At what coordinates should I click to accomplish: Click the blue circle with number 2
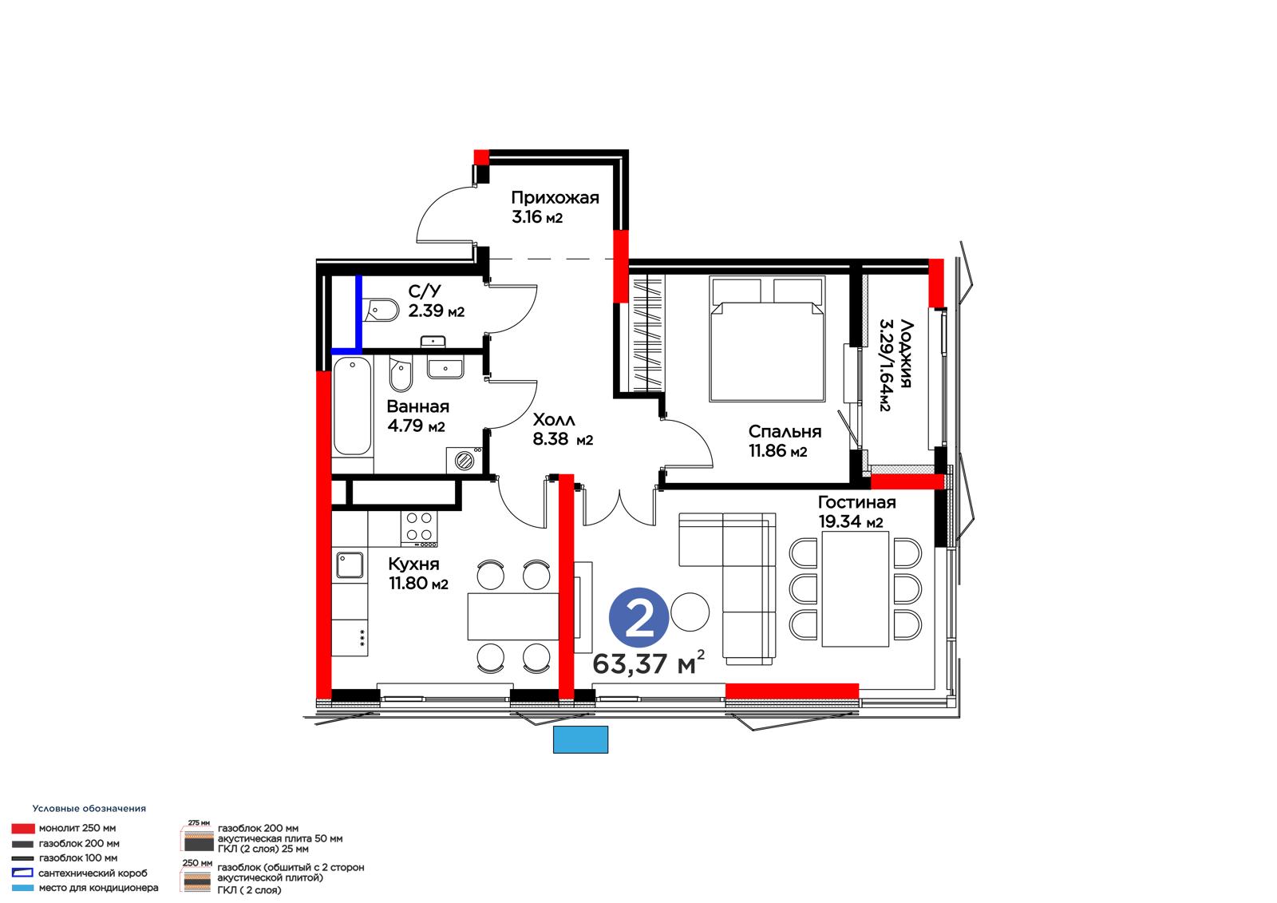coord(638,617)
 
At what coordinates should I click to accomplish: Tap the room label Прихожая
coord(555,198)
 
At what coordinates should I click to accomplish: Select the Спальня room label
coord(785,431)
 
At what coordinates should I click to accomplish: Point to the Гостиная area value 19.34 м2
coord(851,521)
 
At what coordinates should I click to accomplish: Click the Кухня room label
coord(413,564)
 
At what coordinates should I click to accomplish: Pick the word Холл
coord(554,421)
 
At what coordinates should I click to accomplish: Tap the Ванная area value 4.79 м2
coord(416,426)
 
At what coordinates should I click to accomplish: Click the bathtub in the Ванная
coord(352,406)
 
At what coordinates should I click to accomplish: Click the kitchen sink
coord(350,564)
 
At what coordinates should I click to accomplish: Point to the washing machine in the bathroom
coord(465,459)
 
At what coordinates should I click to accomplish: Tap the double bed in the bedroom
coord(767,339)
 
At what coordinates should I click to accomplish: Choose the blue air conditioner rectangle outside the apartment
coord(580,739)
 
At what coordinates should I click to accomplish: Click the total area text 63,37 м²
coord(648,663)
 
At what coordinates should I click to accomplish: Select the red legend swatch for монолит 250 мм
coord(23,828)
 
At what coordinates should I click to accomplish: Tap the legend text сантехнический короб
coord(93,873)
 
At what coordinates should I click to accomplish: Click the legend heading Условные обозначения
coord(89,808)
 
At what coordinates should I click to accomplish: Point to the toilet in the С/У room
coord(380,310)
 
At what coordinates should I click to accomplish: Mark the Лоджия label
coord(906,354)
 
